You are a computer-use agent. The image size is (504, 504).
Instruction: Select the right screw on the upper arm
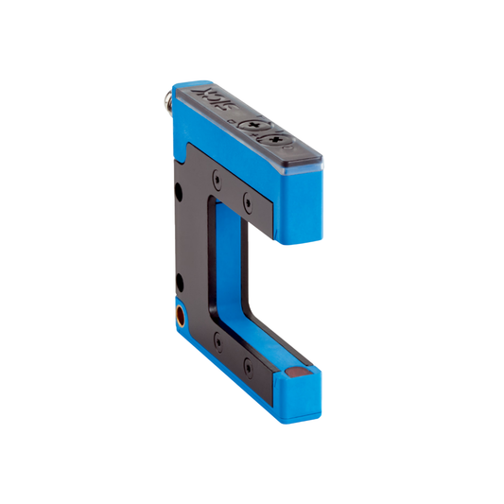pos(249,200)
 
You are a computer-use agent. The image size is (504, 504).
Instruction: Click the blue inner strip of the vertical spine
pos(225,265)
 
